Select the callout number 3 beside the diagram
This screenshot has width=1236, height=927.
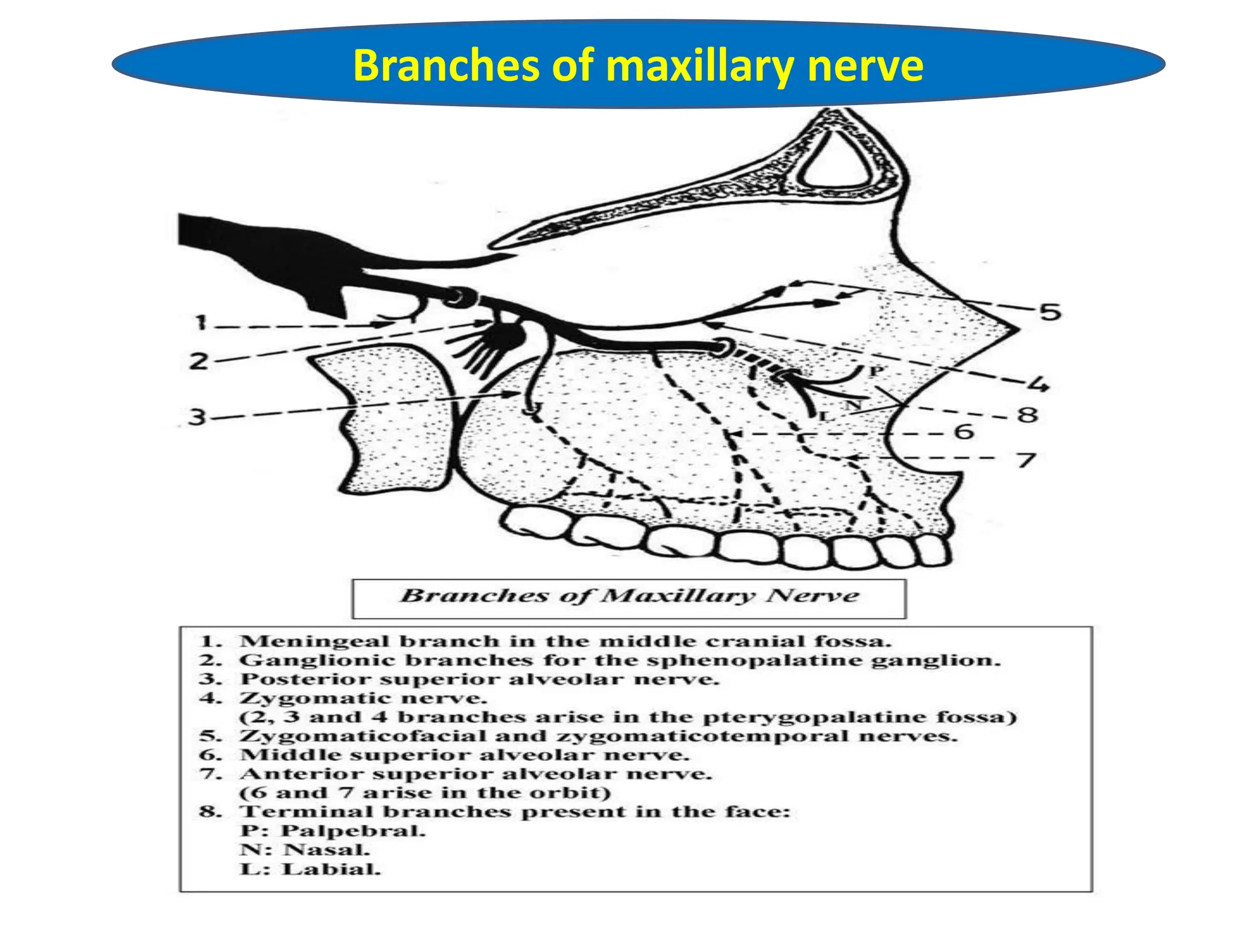[x=197, y=416]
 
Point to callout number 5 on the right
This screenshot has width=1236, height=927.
[x=1050, y=312]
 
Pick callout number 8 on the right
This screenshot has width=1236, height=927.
[x=1028, y=415]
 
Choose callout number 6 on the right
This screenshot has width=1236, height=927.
[x=964, y=432]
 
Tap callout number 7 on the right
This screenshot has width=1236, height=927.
[x=1027, y=460]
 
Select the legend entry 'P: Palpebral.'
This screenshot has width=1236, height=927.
[x=333, y=831]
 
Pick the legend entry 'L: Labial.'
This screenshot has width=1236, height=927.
[x=310, y=869]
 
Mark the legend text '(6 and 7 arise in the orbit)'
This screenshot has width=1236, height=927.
[x=425, y=792]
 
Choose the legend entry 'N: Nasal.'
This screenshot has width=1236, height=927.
[x=305, y=850]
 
